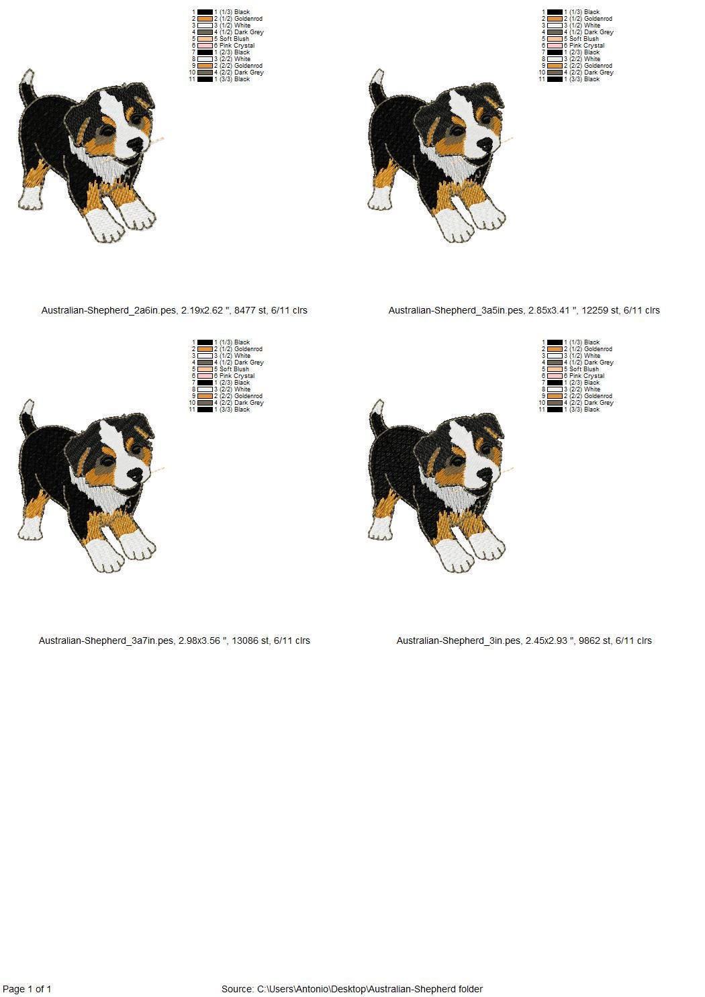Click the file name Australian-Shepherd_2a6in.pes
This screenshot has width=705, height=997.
[109, 310]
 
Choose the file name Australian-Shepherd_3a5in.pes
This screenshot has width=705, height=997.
[456, 310]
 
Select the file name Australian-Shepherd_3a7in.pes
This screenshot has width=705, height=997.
[106, 640]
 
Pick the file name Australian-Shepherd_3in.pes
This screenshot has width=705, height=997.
[459, 640]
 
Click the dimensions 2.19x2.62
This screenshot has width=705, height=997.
[202, 310]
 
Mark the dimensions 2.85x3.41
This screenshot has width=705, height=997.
[549, 310]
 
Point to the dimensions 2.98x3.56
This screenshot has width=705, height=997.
[199, 640]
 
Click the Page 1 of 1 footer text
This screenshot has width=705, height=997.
[27, 989]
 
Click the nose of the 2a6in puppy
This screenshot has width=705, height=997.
[136, 144]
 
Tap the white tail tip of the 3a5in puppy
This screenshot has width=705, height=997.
[378, 77]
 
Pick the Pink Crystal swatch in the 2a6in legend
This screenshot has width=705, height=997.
[205, 46]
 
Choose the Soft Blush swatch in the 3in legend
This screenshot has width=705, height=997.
[555, 369]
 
